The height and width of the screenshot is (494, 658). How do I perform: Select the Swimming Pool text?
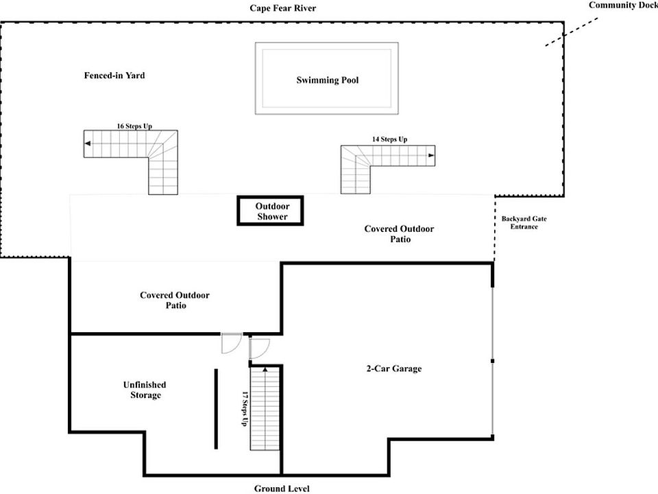pyautogui.click(x=327, y=80)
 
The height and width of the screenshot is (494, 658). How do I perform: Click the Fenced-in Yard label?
pyautogui.click(x=114, y=75)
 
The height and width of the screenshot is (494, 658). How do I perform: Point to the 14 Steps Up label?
pyautogui.click(x=389, y=140)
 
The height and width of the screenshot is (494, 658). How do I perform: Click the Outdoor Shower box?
pyautogui.click(x=271, y=211)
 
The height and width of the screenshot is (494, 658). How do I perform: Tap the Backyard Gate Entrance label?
pyautogui.click(x=524, y=222)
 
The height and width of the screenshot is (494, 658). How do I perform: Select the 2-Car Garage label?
pyautogui.click(x=393, y=368)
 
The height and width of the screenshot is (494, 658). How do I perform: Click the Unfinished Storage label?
pyautogui.click(x=145, y=390)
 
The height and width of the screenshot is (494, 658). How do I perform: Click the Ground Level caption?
pyautogui.click(x=281, y=489)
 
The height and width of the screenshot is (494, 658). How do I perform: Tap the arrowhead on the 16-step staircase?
pyautogui.click(x=88, y=144)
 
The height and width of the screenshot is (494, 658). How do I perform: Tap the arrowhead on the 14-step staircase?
pyautogui.click(x=431, y=156)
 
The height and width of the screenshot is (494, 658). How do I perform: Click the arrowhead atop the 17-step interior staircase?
pyautogui.click(x=265, y=370)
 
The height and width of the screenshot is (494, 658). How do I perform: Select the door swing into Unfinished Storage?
pyautogui.click(x=230, y=343)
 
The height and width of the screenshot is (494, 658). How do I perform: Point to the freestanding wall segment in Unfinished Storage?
pyautogui.click(x=216, y=408)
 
